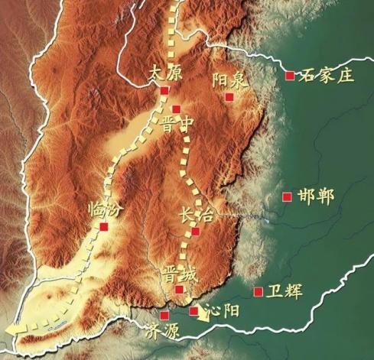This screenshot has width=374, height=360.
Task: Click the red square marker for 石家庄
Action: click(x=289, y=75)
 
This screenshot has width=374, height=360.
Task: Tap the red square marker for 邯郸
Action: click(x=287, y=196)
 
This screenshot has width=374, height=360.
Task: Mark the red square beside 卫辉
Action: click(x=258, y=291)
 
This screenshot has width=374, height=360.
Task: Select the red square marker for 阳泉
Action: click(x=229, y=96)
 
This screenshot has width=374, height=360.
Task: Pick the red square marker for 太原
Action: click(x=164, y=91)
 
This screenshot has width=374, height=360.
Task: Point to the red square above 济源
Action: click(x=164, y=315)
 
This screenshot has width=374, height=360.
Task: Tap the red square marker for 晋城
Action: click(x=179, y=290)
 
